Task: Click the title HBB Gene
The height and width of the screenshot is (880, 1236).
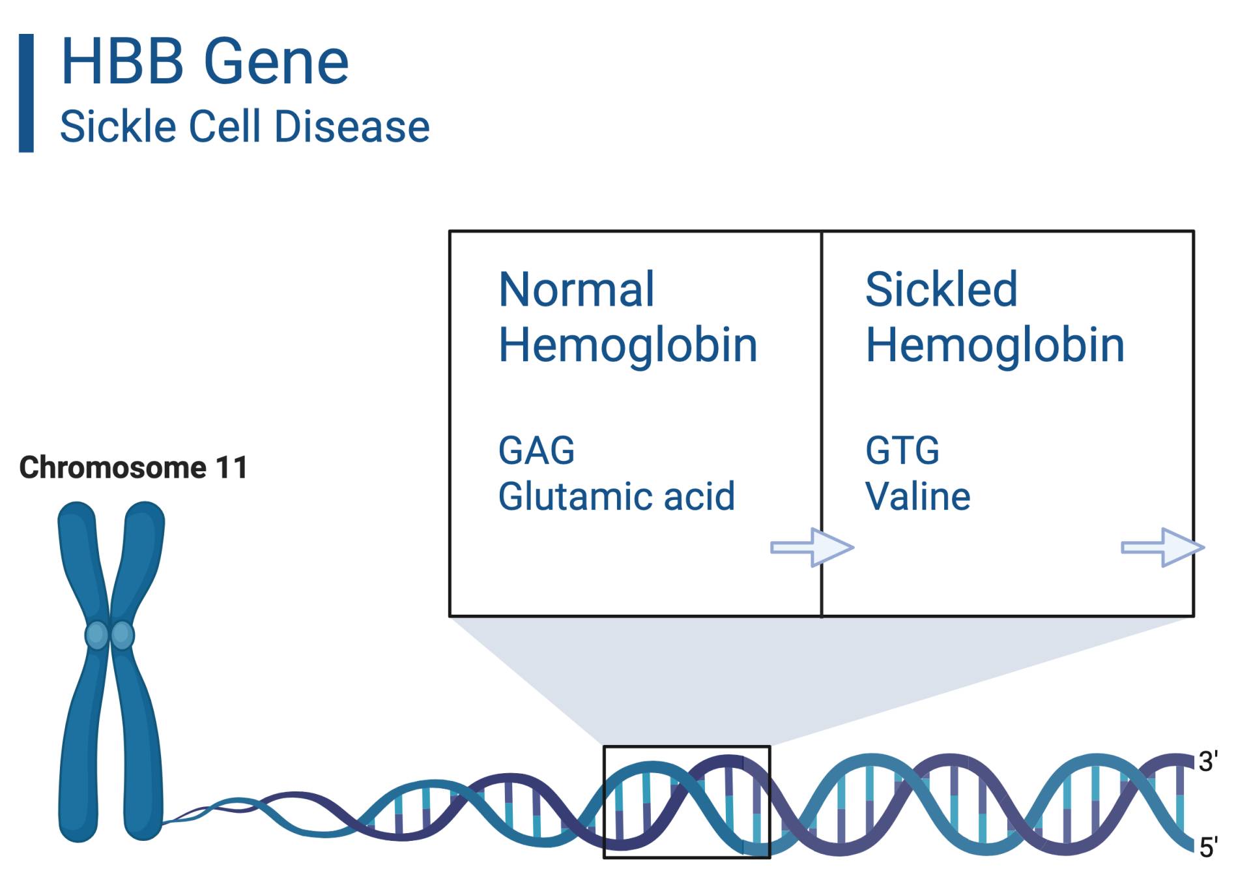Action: coord(205,61)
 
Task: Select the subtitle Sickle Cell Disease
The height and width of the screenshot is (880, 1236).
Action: coord(245,126)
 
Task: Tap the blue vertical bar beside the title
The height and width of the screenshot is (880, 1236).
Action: coord(26,93)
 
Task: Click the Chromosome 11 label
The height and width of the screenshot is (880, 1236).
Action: coord(134,467)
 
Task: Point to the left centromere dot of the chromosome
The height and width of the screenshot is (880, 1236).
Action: coord(96,634)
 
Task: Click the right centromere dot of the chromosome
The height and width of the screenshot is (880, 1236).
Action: coord(122,634)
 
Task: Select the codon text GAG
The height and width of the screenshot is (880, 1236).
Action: coord(536,450)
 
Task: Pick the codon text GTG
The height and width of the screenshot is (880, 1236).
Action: coord(902,450)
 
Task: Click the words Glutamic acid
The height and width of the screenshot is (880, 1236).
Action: coord(616,496)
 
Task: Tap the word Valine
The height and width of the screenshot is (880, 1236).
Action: coord(917,496)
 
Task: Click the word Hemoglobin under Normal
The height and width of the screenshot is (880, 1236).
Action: coord(628,345)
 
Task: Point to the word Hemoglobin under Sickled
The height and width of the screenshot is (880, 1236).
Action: coord(995,345)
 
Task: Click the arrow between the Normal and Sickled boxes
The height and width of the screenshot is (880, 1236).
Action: coord(812,547)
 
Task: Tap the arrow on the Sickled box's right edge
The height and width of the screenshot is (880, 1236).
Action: coord(1162,547)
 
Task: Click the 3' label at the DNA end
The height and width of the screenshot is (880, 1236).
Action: coord(1208,761)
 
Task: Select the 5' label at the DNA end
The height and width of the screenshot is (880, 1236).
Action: coord(1208,847)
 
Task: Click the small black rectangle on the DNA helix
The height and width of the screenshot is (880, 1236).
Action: coord(603,802)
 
